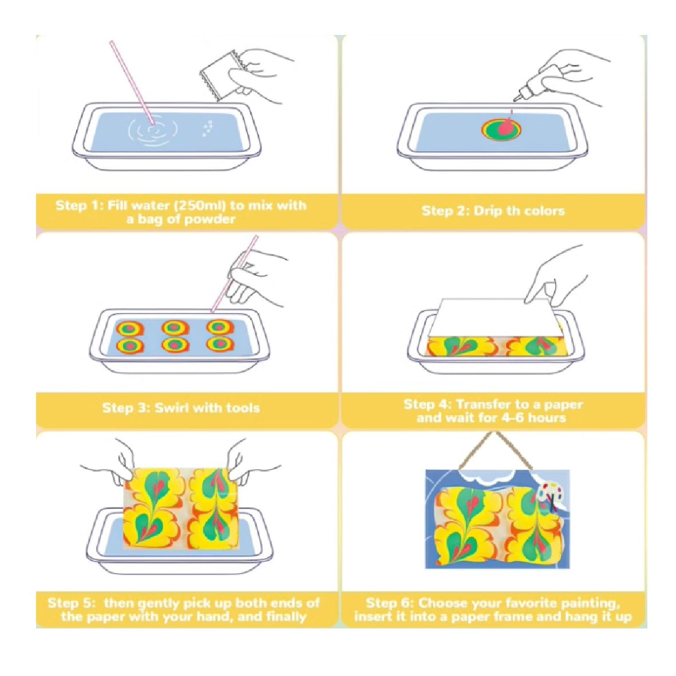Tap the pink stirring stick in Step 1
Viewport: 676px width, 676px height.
point(132,82)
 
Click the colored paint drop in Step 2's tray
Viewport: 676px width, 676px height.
point(501,129)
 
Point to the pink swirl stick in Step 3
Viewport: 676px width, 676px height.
point(234,274)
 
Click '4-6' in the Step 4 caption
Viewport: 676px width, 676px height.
point(513,418)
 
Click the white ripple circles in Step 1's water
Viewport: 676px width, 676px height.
point(152,129)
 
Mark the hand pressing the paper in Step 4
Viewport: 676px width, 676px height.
point(556,276)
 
